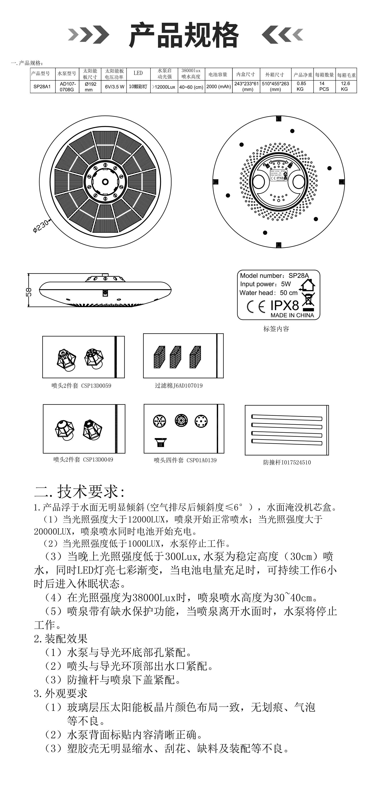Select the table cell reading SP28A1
pyautogui.click(x=42, y=87)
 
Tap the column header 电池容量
pyautogui.click(x=218, y=74)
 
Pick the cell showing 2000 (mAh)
pyautogui.click(x=219, y=87)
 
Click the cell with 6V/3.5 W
pyautogui.click(x=114, y=87)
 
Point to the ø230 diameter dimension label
pyautogui.click(x=40, y=227)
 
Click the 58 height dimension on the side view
pyautogui.click(x=28, y=292)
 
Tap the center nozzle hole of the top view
pyautogui.click(x=105, y=182)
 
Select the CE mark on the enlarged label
pyautogui.click(x=256, y=307)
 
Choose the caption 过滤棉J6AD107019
pyautogui.click(x=178, y=385)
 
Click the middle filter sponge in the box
pyautogui.click(x=175, y=357)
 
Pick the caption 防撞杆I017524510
pyautogui.click(x=287, y=463)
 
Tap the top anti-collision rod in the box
pyautogui.click(x=286, y=417)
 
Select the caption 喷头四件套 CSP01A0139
pyautogui.click(x=185, y=460)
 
